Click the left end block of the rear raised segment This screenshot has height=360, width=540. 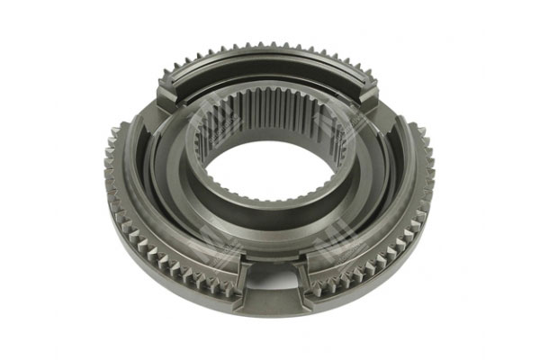(x=170, y=91)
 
